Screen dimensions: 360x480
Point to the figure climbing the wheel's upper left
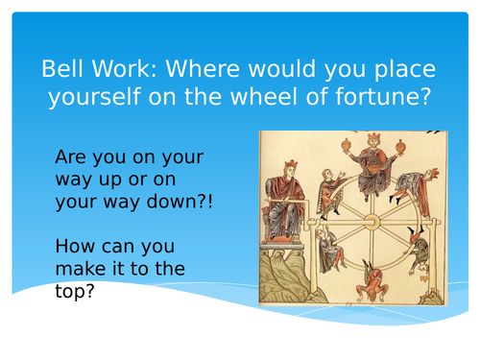click(332, 188)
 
